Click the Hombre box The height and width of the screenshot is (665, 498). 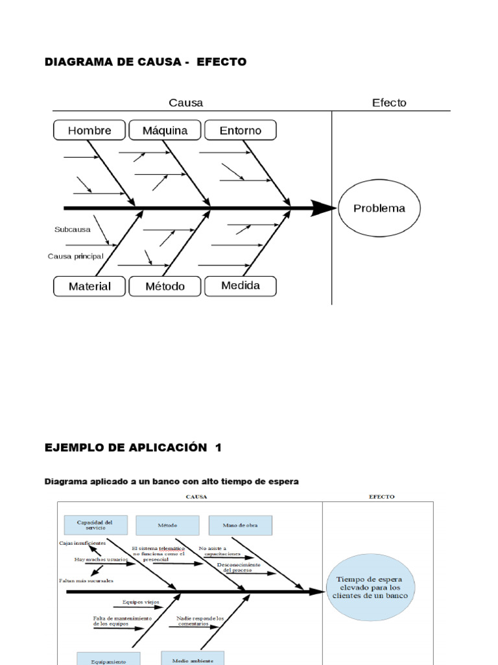(89, 131)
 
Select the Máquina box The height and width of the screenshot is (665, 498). (165, 131)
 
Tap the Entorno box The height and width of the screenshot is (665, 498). (241, 131)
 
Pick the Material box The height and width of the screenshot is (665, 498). (89, 286)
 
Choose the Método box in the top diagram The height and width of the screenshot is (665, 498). (165, 286)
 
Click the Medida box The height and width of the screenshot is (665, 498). (241, 286)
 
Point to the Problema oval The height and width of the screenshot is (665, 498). (379, 208)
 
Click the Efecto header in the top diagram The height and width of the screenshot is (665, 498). (389, 103)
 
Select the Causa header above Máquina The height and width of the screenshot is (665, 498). (185, 103)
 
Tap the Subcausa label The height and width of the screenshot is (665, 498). (73, 229)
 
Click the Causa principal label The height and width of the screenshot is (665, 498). (75, 256)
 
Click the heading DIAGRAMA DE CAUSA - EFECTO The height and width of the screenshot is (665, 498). (145, 62)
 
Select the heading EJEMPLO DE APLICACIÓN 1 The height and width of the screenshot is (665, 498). (133, 448)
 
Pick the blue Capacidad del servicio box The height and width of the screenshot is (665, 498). (95, 525)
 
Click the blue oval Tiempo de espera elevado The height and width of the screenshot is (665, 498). (370, 586)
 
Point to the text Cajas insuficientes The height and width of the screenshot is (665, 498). (82, 542)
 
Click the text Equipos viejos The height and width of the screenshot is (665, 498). (140, 602)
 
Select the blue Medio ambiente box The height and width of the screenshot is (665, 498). (193, 659)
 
